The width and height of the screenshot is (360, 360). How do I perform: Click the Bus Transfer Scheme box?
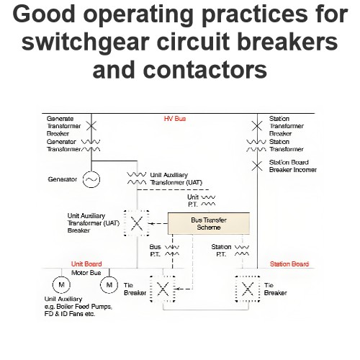click(x=209, y=223)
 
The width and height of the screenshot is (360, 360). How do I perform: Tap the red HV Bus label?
click(x=175, y=119)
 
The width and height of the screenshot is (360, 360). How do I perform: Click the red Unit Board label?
click(x=86, y=264)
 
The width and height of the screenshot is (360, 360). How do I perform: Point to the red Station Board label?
click(x=289, y=264)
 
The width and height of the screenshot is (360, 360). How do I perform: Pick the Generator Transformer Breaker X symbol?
click(x=91, y=125)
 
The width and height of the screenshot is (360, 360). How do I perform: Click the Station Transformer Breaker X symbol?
click(x=257, y=126)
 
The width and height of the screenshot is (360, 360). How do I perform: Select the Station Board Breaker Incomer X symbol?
click(x=257, y=166)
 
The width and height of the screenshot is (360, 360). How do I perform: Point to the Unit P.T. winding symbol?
click(x=208, y=201)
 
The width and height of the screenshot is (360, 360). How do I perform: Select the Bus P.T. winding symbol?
click(x=172, y=251)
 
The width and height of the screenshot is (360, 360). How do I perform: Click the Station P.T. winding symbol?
click(x=242, y=251)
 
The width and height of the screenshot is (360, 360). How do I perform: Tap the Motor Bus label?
click(x=86, y=273)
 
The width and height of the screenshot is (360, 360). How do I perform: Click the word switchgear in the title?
click(x=89, y=42)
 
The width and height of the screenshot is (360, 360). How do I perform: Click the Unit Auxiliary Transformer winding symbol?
click(x=136, y=179)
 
